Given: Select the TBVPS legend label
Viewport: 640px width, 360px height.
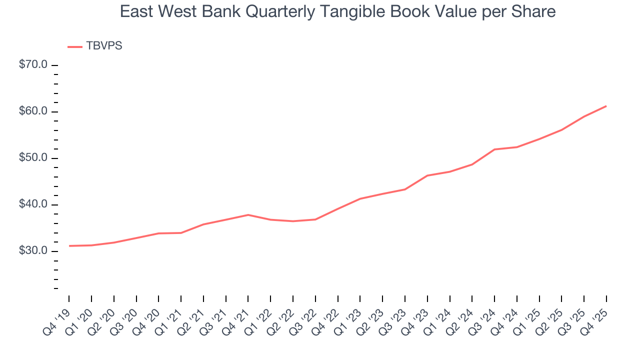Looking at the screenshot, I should (104, 46).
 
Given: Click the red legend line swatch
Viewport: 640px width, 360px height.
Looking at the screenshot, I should (75, 46).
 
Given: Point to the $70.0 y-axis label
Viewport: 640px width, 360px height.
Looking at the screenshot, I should (33, 65).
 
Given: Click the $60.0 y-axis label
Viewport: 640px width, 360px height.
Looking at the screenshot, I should (33, 111).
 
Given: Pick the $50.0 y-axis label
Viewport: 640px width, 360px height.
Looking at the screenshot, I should (33, 158).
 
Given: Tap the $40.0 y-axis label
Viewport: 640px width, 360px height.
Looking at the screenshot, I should (33, 204).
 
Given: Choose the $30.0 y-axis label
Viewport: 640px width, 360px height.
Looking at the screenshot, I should (33, 251).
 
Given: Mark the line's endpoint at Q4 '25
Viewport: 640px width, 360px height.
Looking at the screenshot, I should (606, 106).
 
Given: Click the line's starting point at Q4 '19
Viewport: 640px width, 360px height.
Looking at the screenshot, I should (69, 246).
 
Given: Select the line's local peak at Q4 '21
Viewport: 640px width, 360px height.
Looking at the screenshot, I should (248, 214).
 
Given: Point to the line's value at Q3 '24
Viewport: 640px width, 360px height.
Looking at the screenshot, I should (494, 149).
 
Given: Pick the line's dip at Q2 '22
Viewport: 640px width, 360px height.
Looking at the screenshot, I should (293, 221).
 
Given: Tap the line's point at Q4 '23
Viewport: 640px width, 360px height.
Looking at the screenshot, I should (427, 175).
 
